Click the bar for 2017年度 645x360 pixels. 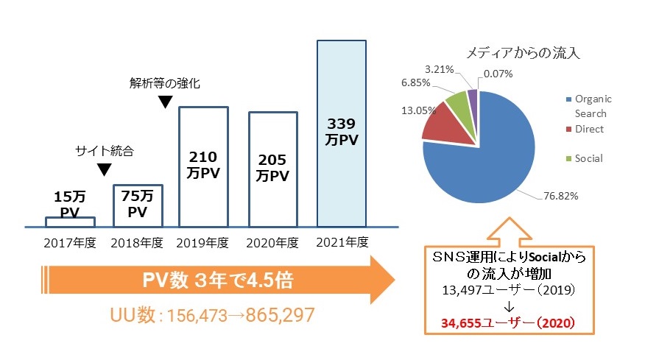[70, 221]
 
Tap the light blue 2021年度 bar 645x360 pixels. [341, 133]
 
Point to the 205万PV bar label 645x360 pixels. [272, 169]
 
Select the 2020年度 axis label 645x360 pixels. [272, 242]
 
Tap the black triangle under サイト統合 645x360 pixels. [105, 170]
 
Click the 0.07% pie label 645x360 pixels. [498, 74]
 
